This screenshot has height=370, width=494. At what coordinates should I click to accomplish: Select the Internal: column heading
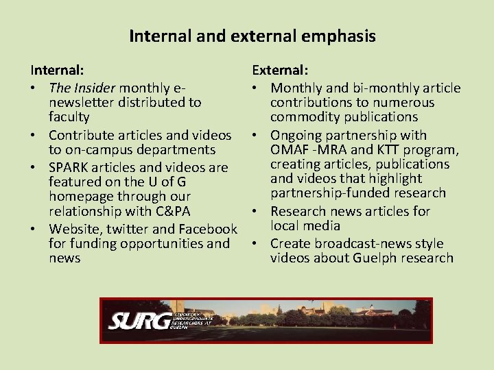57,70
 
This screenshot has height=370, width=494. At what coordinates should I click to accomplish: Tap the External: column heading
280,70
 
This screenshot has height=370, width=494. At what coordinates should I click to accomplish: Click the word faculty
64,117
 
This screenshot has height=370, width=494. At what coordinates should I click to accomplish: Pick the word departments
178,149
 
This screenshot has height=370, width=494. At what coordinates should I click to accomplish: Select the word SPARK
70,167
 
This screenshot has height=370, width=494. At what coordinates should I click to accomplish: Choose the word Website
75,229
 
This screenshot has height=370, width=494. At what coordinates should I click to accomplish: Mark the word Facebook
207,229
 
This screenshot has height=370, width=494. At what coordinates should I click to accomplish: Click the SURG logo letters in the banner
141,320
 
